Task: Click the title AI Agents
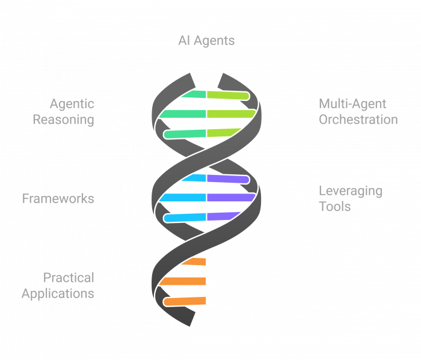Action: pos(206,41)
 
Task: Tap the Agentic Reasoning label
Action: pos(63,112)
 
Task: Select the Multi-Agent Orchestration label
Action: pos(358,112)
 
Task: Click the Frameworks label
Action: pos(58,198)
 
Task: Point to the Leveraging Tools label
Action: pos(350,199)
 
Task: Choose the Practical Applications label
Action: pos(58,285)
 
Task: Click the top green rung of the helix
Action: pos(194,95)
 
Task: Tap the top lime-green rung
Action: pos(227,96)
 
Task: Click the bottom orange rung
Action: pos(186,301)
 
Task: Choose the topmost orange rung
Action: pos(194,261)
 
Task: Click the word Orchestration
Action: pos(358,120)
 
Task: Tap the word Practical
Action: pos(69,278)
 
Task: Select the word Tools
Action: pos(335,207)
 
